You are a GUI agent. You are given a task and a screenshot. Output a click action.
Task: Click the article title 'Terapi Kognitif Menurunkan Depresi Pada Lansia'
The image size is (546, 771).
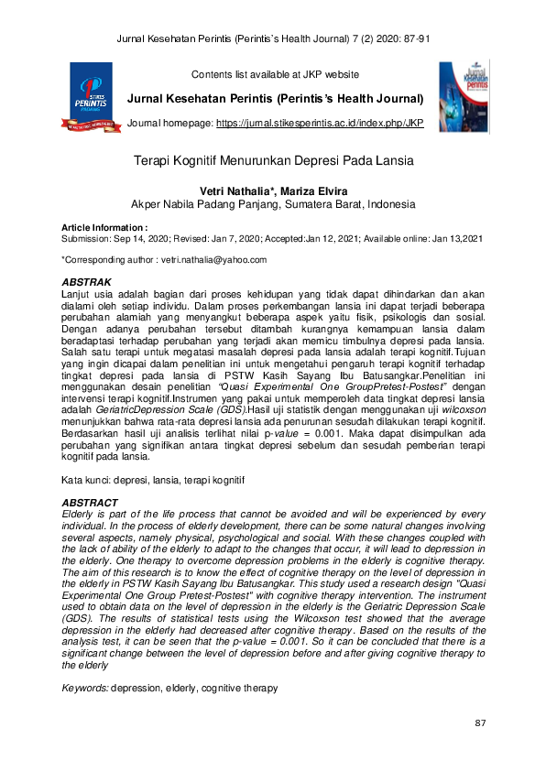273,160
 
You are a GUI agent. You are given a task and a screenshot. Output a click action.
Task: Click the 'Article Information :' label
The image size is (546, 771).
104,227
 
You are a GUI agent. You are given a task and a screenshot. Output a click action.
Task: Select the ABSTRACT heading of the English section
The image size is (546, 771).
89,503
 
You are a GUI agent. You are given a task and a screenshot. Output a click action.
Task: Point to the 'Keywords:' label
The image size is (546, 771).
84,687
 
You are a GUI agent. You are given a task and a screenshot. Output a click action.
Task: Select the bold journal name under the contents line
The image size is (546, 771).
275,98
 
